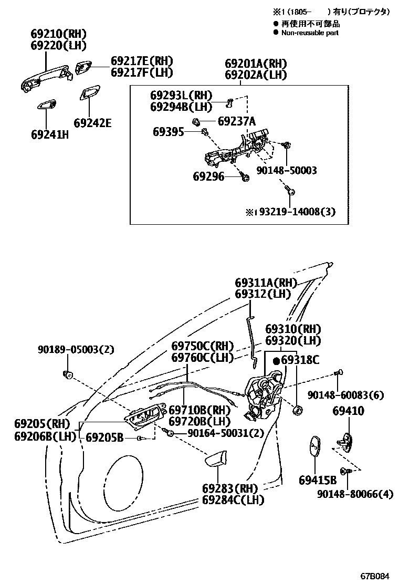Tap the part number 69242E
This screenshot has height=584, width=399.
tap(93, 123)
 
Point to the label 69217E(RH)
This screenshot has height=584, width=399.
tap(141, 61)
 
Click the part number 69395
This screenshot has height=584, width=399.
tap(169, 131)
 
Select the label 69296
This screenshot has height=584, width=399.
tap(208, 177)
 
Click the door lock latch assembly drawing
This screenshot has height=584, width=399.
tap(265, 397)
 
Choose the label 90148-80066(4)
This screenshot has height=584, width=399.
tap(354, 494)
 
